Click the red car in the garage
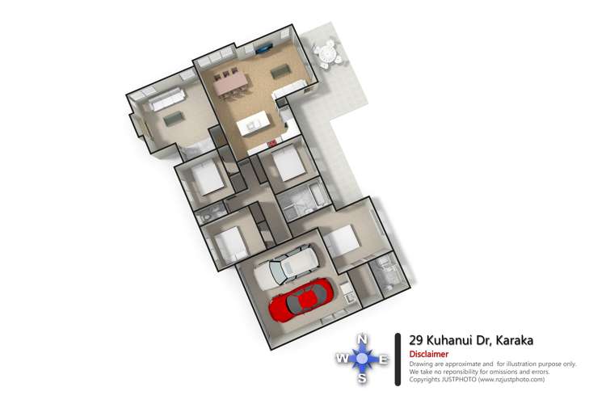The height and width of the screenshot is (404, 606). click(x=301, y=300)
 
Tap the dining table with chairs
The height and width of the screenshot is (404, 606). click(x=229, y=82)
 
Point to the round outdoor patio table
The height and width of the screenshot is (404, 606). click(x=328, y=55)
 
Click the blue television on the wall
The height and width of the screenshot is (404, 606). click(x=264, y=48)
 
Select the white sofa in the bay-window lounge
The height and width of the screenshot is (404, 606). click(x=161, y=101)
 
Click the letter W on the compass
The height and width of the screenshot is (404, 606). click(x=343, y=359)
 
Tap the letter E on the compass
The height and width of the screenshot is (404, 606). click(x=384, y=359)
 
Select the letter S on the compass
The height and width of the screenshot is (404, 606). click(x=363, y=377)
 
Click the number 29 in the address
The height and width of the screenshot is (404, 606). click(x=417, y=340)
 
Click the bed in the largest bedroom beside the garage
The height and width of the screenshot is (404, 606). click(x=342, y=240)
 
